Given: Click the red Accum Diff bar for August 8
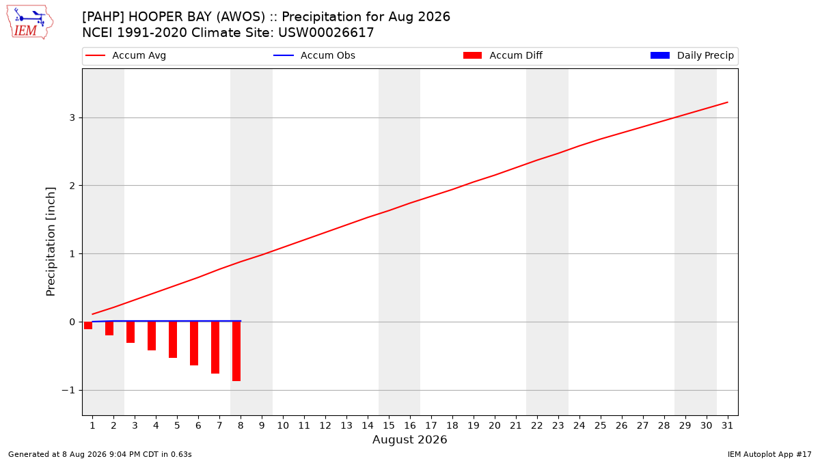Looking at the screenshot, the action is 236,352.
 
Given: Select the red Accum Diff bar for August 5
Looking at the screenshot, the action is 173,340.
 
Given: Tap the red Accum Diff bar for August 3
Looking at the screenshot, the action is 131,332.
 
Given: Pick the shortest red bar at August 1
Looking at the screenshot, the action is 88,326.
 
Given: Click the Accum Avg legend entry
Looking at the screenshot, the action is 126,55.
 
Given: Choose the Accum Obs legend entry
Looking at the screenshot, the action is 314,55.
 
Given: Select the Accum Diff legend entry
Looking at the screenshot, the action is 503,55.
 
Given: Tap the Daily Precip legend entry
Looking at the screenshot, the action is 692,55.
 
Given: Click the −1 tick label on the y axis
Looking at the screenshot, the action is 68,391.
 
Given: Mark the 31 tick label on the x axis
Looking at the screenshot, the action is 727,425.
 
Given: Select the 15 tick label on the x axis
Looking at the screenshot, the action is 389,425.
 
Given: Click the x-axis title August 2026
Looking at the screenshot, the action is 409,439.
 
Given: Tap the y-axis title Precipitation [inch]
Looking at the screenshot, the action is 51,242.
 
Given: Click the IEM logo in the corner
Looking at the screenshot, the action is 30,23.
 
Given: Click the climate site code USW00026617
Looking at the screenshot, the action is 326,33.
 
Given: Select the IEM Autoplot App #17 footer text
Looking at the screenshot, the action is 769,454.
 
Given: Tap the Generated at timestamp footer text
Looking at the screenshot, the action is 100,454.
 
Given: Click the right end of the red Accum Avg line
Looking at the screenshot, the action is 727,102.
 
